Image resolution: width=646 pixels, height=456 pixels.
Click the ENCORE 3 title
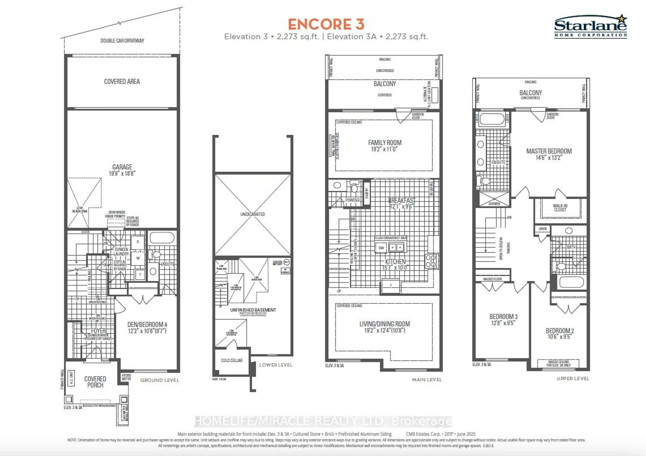point(326,24)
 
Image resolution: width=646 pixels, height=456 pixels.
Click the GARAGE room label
point(122,167)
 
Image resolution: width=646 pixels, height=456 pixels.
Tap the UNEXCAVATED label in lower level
point(252,214)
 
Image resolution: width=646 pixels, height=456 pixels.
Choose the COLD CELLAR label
point(231,360)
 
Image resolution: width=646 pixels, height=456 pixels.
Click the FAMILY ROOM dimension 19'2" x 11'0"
point(384,149)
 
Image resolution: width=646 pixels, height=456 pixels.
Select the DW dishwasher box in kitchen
point(381,248)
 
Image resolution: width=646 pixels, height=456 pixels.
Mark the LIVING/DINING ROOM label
point(384,324)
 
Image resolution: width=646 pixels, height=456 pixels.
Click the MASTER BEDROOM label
point(549,151)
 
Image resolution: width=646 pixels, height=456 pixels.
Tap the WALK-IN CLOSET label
point(560,208)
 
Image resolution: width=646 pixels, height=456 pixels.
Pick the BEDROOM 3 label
point(503,317)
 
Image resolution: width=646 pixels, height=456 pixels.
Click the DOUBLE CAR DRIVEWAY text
point(122,41)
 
